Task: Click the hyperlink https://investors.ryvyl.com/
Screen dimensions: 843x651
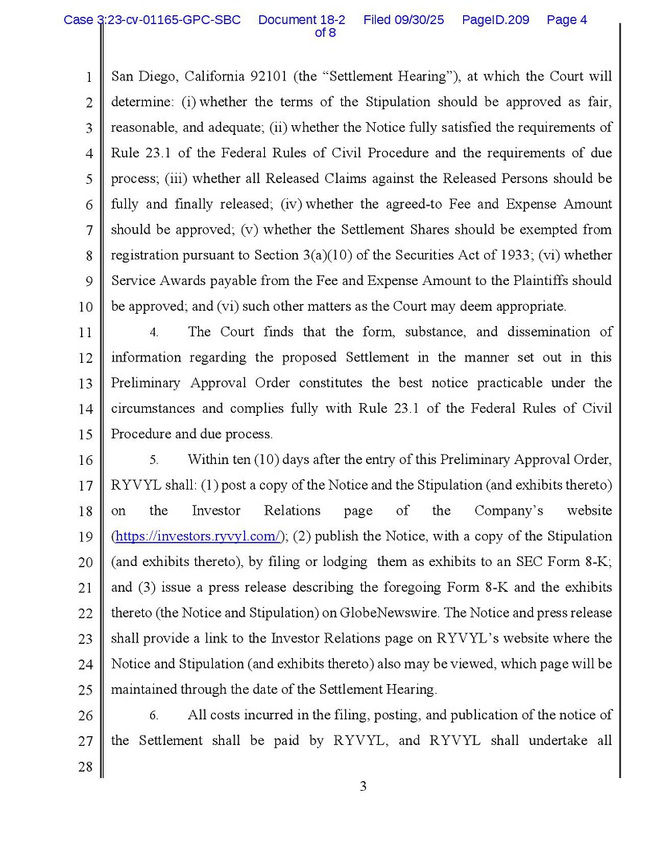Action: (x=197, y=536)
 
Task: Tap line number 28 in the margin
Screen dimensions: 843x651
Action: (x=85, y=767)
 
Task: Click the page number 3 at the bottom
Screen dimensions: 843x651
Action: (x=363, y=787)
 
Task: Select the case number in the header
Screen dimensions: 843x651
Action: (x=152, y=19)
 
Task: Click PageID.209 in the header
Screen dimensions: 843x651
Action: (x=495, y=19)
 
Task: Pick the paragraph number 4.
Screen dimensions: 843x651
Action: (x=153, y=332)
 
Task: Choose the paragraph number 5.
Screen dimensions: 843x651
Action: (x=153, y=460)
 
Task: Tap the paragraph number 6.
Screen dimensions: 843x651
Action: (x=153, y=715)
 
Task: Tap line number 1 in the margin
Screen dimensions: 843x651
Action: (x=88, y=78)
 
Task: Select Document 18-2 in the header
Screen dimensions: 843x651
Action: (x=302, y=19)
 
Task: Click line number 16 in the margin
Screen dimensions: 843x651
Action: (x=85, y=460)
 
